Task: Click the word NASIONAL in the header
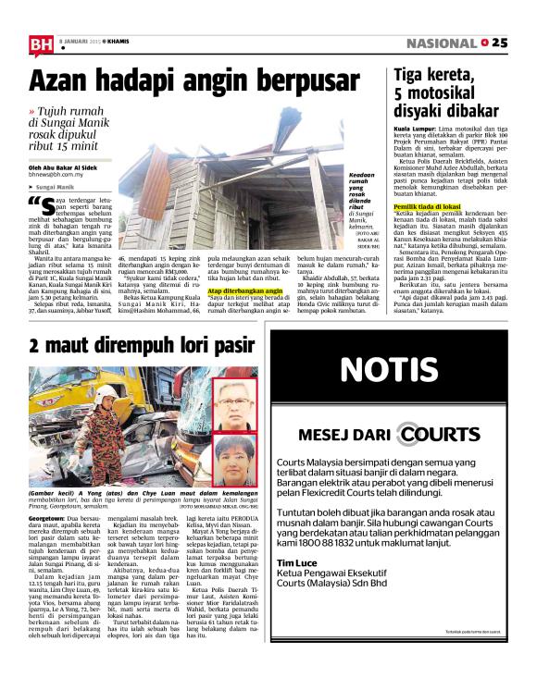pyautogui.click(x=443, y=43)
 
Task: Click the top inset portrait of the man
pyautogui.click(x=234, y=401)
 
